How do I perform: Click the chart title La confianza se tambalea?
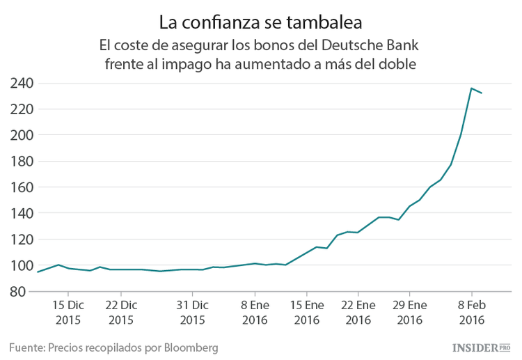pyautogui.click(x=260, y=22)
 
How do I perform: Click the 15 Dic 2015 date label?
pyautogui.click(x=68, y=313)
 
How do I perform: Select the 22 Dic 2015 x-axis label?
pyautogui.click(x=122, y=313)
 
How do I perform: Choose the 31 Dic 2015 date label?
pyautogui.click(x=192, y=313)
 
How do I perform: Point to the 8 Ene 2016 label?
pyautogui.click(x=255, y=313)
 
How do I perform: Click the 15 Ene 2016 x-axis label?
pyautogui.click(x=307, y=313)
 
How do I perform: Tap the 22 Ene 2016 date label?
pyautogui.click(x=358, y=313)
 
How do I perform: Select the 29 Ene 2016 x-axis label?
pyautogui.click(x=409, y=313)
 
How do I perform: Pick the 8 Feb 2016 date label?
pyautogui.click(x=470, y=313)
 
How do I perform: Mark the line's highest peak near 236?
pyautogui.click(x=471, y=88)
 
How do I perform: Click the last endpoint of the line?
pyautogui.click(x=482, y=93)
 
